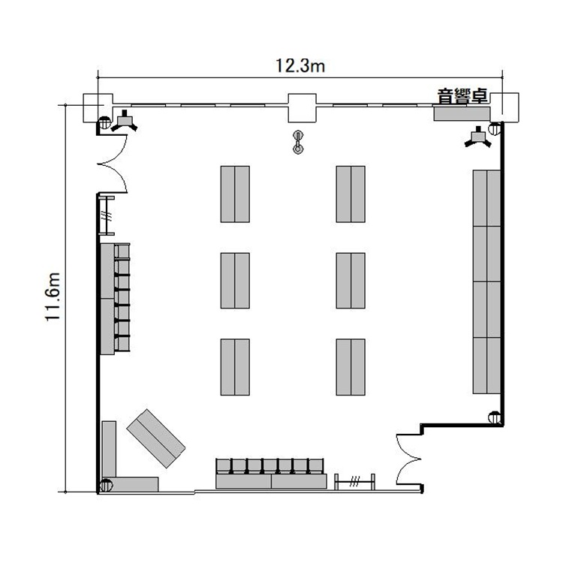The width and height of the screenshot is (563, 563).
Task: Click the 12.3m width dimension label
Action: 300,66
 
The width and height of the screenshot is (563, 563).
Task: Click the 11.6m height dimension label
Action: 53,297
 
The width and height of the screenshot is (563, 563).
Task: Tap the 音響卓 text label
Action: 462,96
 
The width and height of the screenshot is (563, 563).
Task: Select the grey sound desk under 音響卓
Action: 462,113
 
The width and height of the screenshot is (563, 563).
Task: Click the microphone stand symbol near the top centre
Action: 298,142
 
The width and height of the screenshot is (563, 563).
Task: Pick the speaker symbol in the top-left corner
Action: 124,122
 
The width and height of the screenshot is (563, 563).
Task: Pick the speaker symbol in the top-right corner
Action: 478,137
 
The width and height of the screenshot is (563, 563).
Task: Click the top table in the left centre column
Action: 235,194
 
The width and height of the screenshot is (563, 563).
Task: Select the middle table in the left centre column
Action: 235,281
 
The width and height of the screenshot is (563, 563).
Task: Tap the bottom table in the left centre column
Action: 235,367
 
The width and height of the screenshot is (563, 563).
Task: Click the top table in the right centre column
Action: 351,194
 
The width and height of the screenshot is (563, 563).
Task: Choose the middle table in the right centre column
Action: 351,281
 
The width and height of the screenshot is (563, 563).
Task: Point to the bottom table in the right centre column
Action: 351,367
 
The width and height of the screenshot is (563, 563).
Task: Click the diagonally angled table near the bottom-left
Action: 156,438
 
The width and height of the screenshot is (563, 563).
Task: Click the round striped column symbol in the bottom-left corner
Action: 106,486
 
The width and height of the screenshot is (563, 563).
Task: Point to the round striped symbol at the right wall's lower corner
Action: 495,417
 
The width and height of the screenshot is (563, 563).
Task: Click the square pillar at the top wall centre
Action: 303,108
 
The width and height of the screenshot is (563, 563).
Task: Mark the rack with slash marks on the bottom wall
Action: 355,481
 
